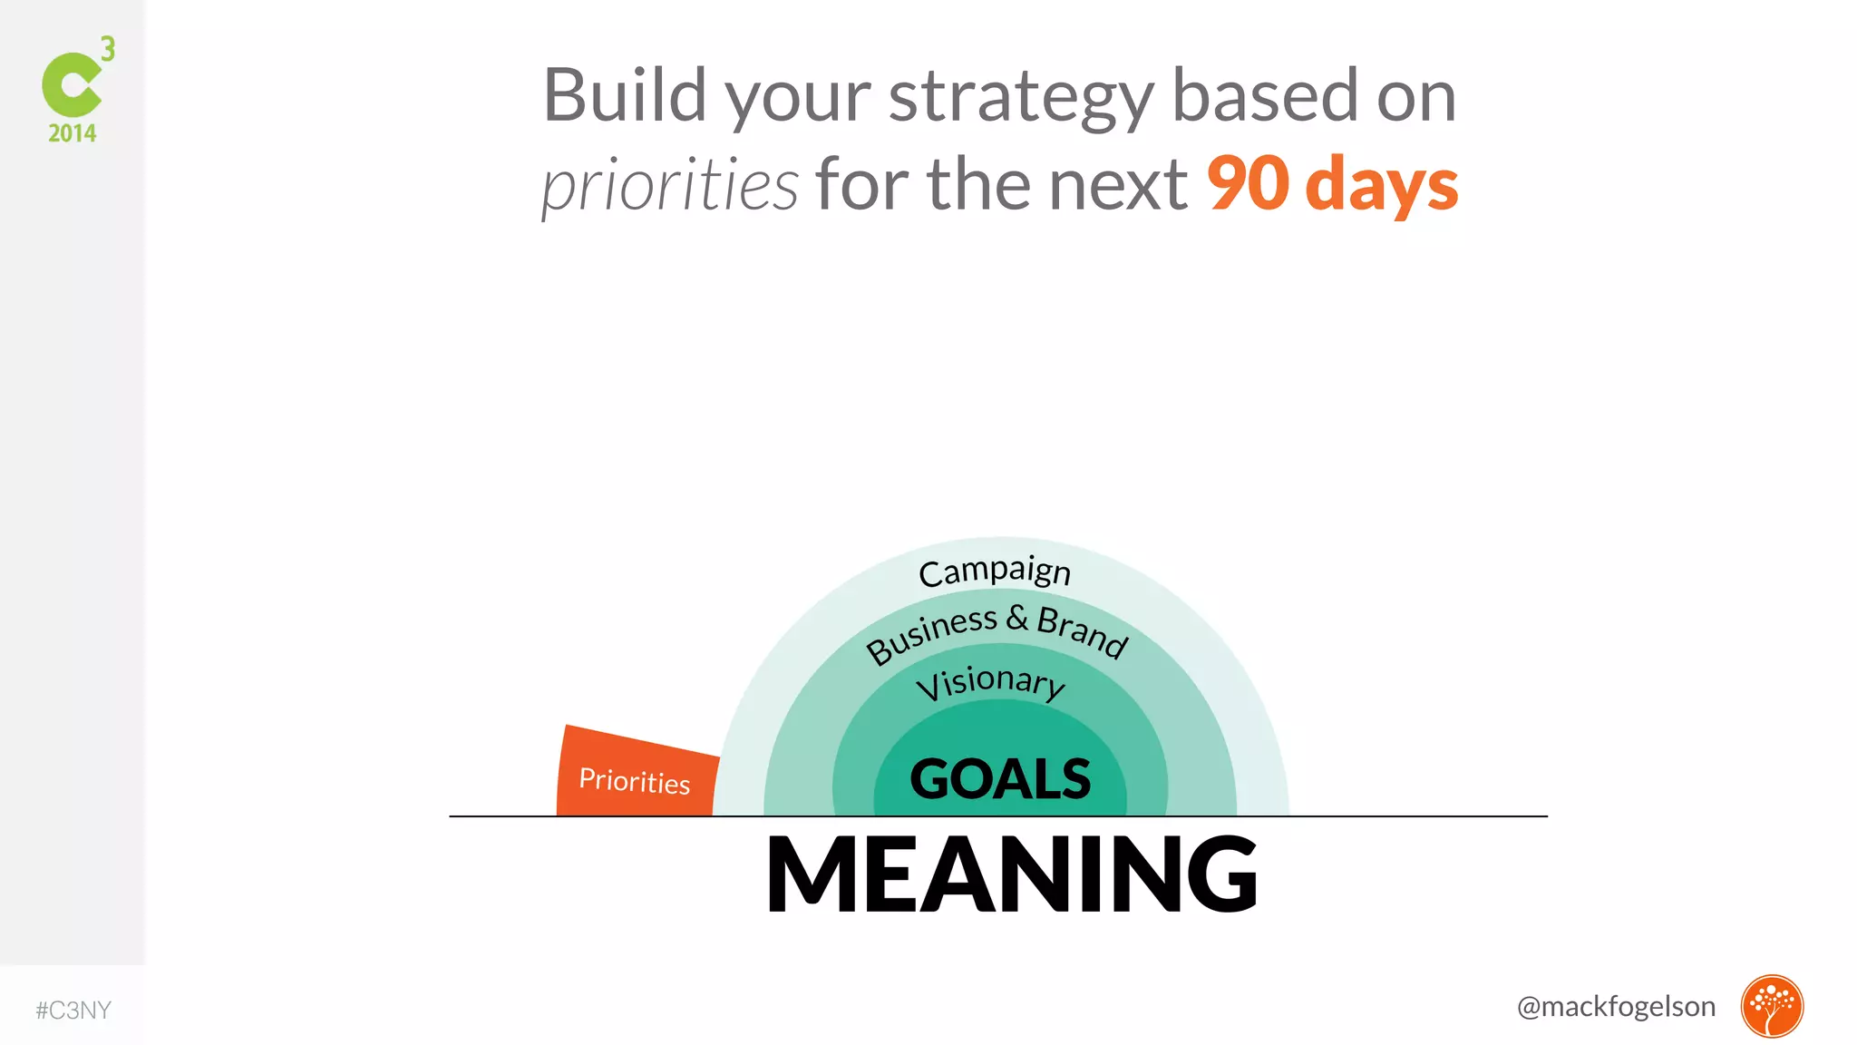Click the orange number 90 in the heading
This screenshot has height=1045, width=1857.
tap(1248, 183)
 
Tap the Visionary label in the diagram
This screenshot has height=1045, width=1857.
tap(990, 682)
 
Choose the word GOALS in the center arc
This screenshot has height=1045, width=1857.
tap(1000, 778)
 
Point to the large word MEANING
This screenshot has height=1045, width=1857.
tap(1011, 874)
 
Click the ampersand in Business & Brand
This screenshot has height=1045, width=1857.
tap(1016, 618)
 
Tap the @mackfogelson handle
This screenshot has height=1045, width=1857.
tap(1616, 1006)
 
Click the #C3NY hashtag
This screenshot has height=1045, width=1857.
tap(73, 1011)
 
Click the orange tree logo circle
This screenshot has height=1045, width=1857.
tap(1772, 1006)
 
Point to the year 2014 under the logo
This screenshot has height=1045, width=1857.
tap(73, 133)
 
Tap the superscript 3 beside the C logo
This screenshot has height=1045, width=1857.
tap(108, 49)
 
